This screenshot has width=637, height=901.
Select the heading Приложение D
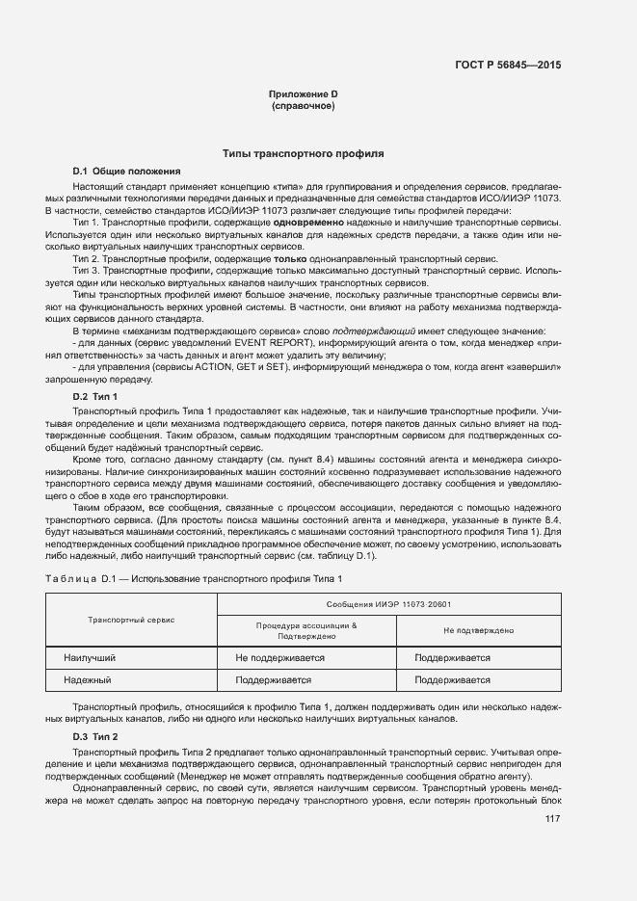click(x=304, y=93)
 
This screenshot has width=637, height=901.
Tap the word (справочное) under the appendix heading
click(x=304, y=105)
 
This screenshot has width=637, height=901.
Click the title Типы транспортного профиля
click(x=304, y=153)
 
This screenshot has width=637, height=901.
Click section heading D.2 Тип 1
click(x=95, y=396)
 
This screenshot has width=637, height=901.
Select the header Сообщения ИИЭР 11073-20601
click(x=389, y=604)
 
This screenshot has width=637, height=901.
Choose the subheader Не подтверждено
click(x=478, y=630)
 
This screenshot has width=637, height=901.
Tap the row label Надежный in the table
click(x=88, y=679)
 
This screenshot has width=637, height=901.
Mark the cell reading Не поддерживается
click(x=279, y=657)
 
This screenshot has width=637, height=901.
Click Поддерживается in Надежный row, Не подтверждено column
click(x=452, y=679)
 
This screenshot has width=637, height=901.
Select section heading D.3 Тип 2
click(x=95, y=737)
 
